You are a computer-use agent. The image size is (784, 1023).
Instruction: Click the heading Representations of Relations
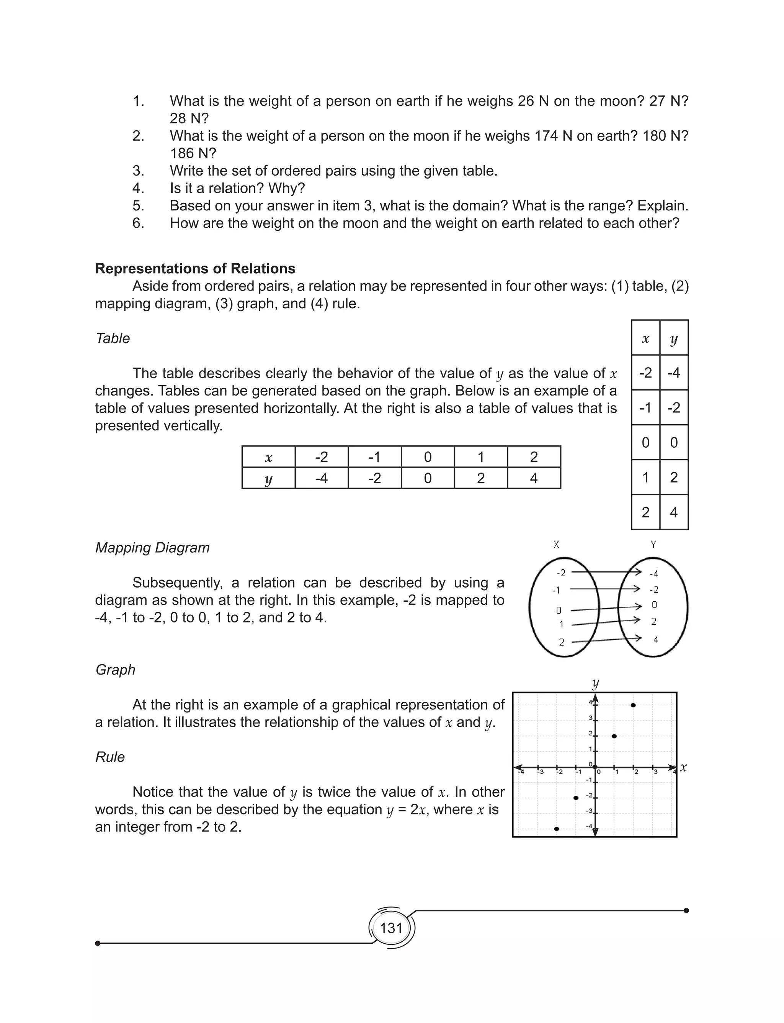195,269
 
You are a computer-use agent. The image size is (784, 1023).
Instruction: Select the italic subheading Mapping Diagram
152,547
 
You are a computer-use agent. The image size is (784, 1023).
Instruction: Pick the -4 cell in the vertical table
673,373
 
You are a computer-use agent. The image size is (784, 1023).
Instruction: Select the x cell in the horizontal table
268,457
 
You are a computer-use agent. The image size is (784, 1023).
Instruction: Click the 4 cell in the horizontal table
534,478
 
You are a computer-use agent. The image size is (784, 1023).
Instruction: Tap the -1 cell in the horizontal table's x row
374,457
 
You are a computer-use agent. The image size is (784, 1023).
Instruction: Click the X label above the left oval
556,544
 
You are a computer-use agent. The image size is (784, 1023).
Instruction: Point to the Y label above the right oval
653,544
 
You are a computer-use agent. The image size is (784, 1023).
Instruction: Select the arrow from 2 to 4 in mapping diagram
604,639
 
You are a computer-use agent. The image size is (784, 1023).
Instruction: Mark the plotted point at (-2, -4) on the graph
556,829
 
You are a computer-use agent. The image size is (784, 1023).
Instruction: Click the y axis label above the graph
595,683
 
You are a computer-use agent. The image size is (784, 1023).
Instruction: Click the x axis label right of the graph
683,767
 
